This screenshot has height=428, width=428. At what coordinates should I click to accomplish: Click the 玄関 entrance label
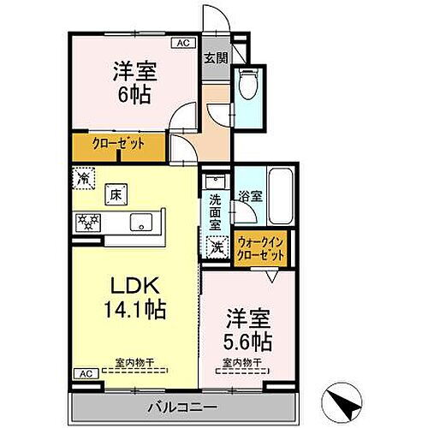214,58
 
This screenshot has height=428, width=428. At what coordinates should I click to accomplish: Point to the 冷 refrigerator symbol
84,178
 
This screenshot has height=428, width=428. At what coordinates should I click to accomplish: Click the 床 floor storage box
114,194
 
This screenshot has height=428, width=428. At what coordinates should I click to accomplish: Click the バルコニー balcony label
184,405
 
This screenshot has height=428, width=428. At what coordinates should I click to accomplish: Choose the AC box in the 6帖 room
184,42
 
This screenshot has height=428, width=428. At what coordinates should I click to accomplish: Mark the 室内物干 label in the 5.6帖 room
237,363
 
